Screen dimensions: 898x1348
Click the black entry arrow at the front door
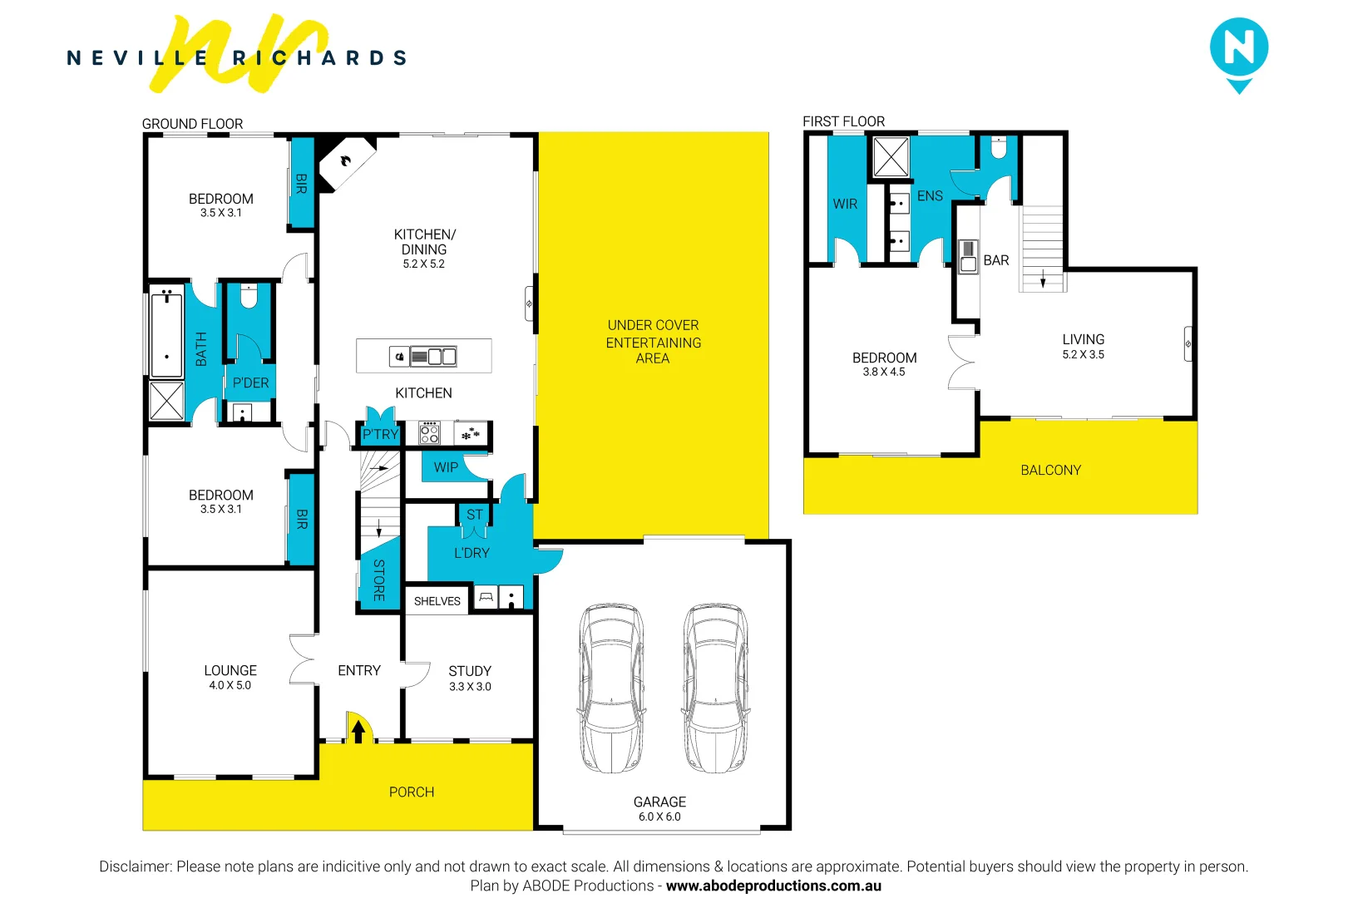[x=358, y=731]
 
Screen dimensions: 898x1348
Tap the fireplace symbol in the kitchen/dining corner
[x=346, y=161]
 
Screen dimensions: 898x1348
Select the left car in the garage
[x=611, y=688]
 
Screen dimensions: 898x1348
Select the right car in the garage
[x=715, y=688]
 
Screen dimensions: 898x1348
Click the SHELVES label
[x=437, y=601]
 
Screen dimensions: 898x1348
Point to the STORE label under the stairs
[x=379, y=580]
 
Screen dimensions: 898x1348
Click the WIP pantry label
[x=446, y=467]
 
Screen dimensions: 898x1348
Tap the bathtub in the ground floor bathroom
[x=166, y=332]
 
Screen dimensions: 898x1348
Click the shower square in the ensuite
[x=891, y=156]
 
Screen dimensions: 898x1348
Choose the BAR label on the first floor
[x=995, y=260]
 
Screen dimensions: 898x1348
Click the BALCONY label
[x=1050, y=470]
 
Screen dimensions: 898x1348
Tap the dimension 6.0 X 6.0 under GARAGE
[x=659, y=817]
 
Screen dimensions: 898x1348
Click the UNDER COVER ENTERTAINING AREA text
[x=653, y=342]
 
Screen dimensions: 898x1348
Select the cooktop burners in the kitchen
[x=429, y=433]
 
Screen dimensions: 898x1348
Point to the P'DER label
[x=250, y=383]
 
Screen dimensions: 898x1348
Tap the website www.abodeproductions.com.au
[x=773, y=886]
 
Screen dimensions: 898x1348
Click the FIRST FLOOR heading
[x=843, y=121]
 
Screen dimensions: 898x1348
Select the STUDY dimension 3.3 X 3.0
[x=470, y=687]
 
